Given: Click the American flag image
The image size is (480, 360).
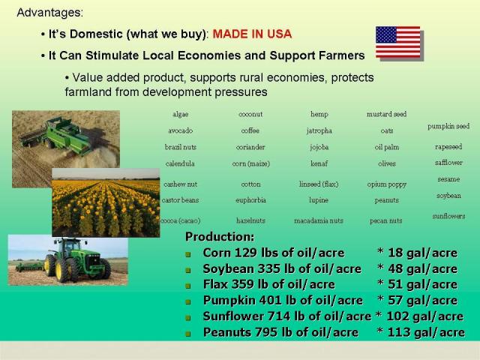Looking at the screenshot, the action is pos(398,42).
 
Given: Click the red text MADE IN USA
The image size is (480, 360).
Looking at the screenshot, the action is pos(252,34).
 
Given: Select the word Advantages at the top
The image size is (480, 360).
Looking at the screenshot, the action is pos(49,13).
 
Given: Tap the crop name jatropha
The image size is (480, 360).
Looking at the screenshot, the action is pos(319,130).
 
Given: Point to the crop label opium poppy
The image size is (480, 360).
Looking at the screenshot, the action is pos(387,184).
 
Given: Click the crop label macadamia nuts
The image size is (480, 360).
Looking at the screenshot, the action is pos(319,220).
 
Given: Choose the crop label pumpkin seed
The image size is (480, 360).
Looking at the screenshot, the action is pos(448,126).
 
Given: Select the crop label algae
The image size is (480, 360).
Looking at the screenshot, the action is pos(180,115).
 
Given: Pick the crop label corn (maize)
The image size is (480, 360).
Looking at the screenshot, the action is pos(251,163).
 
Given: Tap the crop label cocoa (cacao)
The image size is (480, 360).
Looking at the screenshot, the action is pos(181,220).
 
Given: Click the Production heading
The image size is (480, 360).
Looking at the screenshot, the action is pos(220,237).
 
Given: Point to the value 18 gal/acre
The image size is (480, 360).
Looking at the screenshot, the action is pos(422,253).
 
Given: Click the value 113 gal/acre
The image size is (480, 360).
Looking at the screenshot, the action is pos(426,332).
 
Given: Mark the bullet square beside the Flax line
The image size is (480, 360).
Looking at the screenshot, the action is pos(188,286).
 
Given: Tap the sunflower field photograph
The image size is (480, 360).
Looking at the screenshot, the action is pos(106,202).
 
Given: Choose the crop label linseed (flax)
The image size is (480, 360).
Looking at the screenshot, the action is pos(319,184).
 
